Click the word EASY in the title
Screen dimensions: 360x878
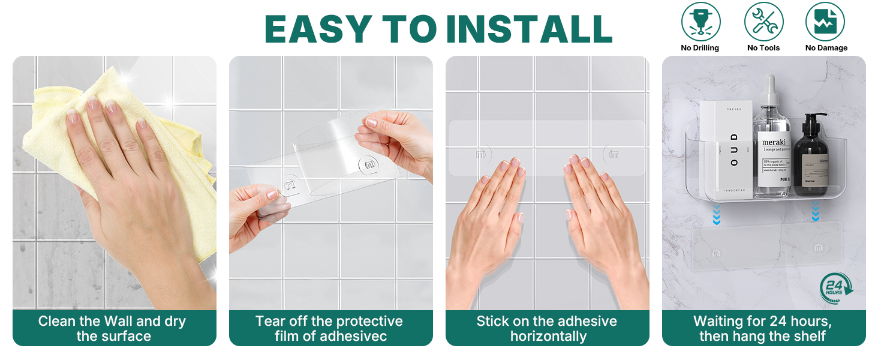318,28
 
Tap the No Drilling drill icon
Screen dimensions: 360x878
700,22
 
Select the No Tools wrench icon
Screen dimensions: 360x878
763,22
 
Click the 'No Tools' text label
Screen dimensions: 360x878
763,48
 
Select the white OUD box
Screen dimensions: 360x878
726,150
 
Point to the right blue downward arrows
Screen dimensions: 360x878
815,211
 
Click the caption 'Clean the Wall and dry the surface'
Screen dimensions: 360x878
113,328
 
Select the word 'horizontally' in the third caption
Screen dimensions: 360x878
548,336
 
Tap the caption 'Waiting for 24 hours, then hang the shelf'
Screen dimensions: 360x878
763,328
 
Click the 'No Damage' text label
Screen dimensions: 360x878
826,48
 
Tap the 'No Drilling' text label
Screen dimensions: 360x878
700,48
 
